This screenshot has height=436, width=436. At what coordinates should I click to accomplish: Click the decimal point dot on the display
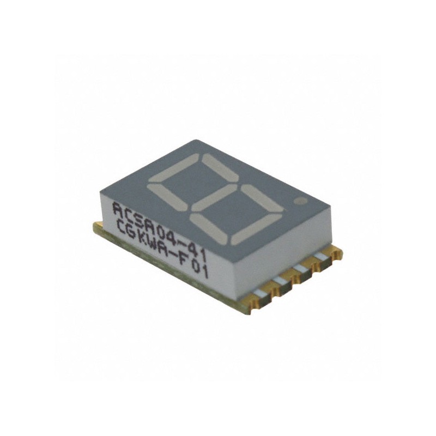click(x=298, y=201)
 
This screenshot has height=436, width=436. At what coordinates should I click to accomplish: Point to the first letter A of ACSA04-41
click(x=117, y=208)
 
